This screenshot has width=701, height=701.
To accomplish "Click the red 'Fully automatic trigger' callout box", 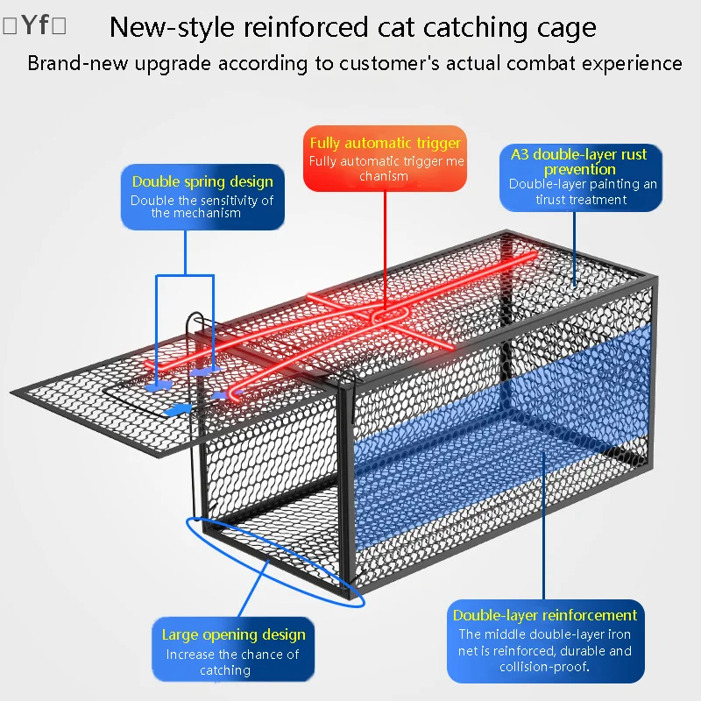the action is pos(385,159).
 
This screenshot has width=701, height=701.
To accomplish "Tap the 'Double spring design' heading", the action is pos(202,181).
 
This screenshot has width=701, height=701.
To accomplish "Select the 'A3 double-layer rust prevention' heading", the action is pos(579,161).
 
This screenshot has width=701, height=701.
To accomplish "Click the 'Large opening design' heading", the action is pos(233,634).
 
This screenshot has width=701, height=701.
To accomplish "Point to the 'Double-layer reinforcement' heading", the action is pos(544,615).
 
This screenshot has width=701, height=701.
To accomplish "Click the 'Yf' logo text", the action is pos(34,25).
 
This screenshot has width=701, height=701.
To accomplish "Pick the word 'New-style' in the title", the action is pos(172,28).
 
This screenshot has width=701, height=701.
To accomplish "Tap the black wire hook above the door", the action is pos(195,322).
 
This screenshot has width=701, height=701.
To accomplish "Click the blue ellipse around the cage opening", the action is pos(275,562).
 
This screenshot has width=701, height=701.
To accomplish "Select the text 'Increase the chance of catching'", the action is pos(232,662).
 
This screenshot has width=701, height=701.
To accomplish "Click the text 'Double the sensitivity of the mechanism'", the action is pos(202,207).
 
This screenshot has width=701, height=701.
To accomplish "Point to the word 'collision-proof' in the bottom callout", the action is pos(543,667).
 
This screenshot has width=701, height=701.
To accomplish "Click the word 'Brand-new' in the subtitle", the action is pos(78,63).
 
